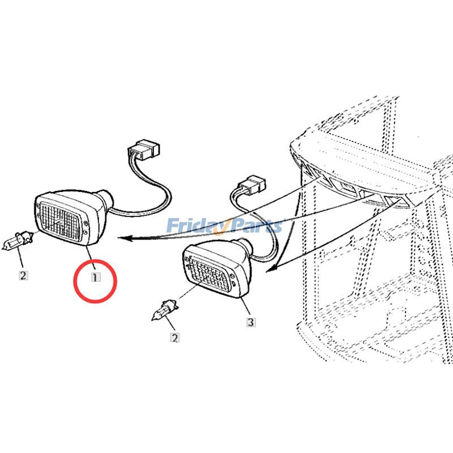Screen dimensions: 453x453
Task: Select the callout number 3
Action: tap(250, 322)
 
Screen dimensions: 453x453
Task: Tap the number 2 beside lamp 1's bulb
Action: tap(23, 276)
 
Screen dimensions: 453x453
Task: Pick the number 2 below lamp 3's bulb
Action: tap(175, 337)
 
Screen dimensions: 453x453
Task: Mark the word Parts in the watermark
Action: tap(255, 226)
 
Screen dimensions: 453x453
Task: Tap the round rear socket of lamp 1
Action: tap(106, 200)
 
